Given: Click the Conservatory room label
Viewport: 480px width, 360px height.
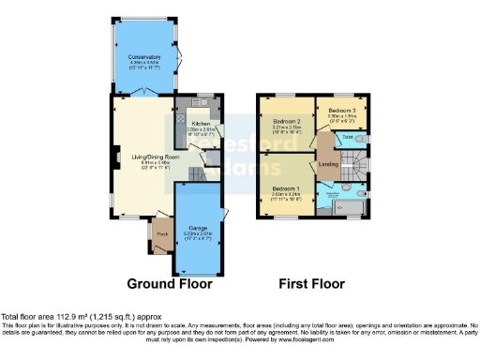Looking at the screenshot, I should point(144,57).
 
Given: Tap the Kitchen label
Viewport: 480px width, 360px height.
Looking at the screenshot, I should point(202,123).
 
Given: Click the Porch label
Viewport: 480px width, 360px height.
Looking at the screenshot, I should point(161,234).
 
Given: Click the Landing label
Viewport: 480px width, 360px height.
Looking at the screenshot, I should point(328,165).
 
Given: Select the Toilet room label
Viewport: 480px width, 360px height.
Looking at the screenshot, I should point(346,138).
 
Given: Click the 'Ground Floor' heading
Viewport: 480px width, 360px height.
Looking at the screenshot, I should point(169,283).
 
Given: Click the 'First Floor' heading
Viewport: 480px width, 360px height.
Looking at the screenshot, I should point(311,283).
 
